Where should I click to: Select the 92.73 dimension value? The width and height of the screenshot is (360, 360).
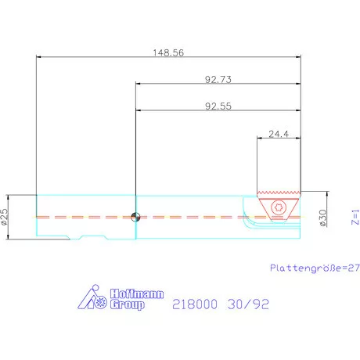click(217, 79)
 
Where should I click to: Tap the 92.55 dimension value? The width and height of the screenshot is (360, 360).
click(217, 106)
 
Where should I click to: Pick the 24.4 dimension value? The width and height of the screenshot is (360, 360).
click(278, 134)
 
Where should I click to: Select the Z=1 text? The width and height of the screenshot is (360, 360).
click(354, 217)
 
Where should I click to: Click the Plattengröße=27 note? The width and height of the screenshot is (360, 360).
click(314, 267)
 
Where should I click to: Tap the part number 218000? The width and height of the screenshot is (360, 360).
click(196, 304)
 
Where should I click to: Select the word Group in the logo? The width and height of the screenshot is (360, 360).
click(125, 305)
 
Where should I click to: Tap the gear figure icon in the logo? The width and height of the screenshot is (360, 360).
click(95, 299)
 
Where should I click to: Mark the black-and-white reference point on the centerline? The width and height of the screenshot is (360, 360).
click(136, 217)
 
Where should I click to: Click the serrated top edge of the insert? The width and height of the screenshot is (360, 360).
click(278, 193)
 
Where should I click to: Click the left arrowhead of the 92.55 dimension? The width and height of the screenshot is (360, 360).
click(139, 111)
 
